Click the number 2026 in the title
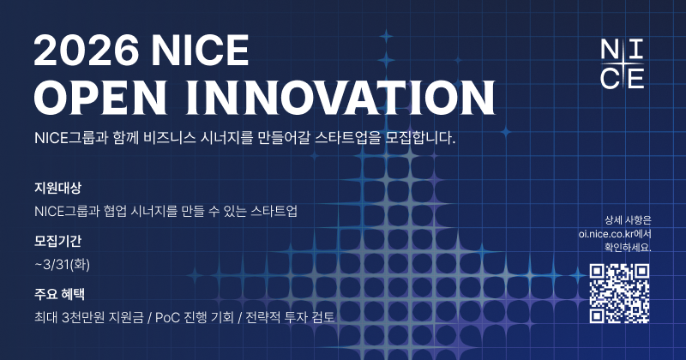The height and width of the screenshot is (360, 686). [84, 53]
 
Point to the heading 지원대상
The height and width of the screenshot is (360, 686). [57, 188]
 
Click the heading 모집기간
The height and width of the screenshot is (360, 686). [57, 241]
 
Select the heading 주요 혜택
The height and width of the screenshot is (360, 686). [59, 294]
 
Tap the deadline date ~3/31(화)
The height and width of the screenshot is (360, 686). [63, 263]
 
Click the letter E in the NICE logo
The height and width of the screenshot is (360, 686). [635, 78]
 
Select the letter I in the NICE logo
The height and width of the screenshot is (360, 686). [635, 49]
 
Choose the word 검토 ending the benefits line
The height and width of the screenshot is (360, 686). [322, 317]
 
